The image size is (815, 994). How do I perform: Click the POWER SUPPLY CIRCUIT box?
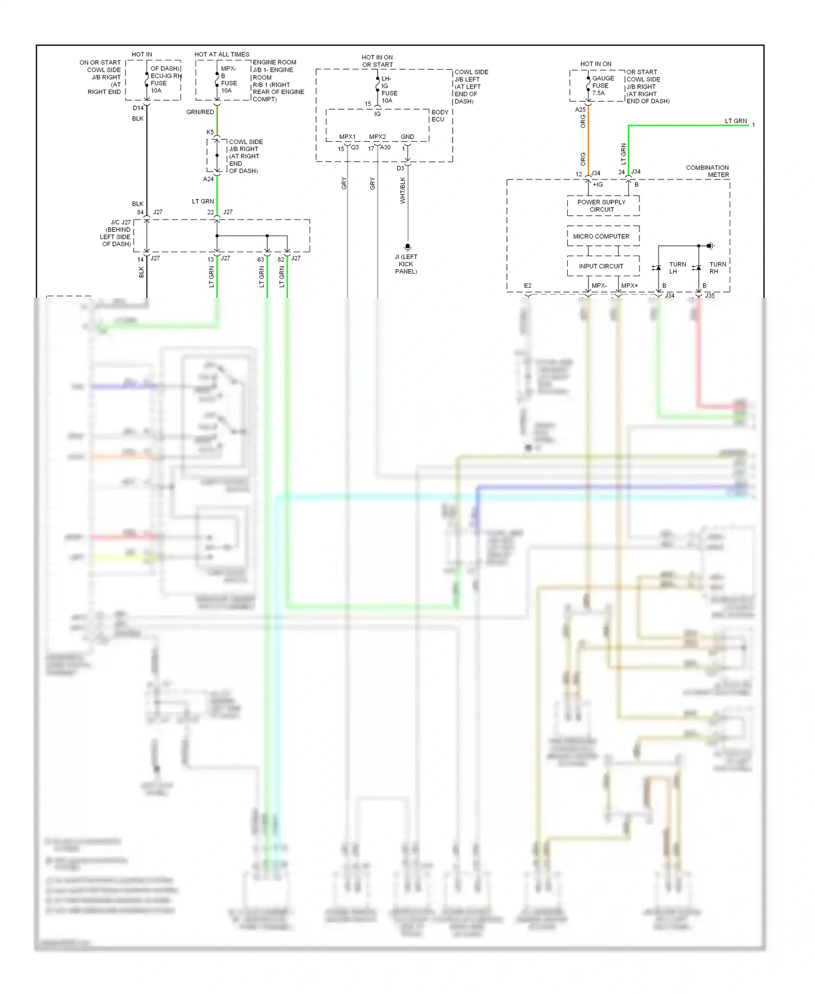(602, 206)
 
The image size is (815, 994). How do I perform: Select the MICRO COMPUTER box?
(602, 237)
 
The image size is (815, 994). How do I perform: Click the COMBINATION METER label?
(707, 171)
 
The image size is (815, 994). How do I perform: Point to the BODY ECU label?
(440, 116)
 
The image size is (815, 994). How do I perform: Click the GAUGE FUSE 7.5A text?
(603, 85)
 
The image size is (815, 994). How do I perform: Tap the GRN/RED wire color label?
(200, 112)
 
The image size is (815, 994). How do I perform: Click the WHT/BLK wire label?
(403, 191)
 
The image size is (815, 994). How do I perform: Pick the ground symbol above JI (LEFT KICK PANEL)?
(407, 247)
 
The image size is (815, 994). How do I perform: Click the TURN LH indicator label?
(677, 268)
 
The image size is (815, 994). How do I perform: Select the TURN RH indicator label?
(717, 268)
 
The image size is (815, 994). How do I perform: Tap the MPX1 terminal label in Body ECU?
(347, 137)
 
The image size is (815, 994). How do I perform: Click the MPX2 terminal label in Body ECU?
(377, 137)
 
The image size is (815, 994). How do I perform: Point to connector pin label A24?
(208, 179)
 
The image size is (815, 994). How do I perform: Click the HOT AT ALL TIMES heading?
(222, 54)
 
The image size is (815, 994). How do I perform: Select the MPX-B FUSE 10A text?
(228, 80)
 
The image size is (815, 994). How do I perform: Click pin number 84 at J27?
(140, 213)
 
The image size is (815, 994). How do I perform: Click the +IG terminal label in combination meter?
(598, 185)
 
